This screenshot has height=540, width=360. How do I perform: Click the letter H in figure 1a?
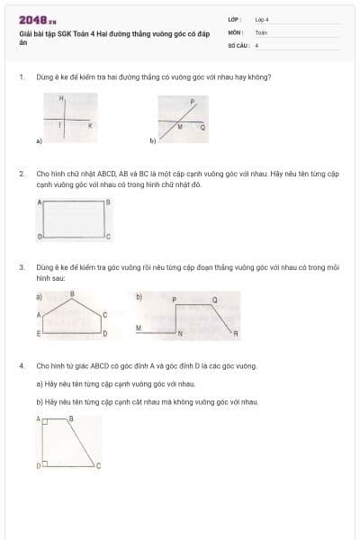[61, 97]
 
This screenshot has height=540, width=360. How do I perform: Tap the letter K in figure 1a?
[89, 127]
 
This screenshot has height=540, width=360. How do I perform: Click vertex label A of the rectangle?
[39, 202]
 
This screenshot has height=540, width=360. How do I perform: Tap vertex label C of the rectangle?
[108, 237]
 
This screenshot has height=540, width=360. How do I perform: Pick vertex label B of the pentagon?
[72, 293]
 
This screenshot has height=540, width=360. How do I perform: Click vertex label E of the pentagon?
[38, 333]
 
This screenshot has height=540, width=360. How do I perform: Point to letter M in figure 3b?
[138, 328]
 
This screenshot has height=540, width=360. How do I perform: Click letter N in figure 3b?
[179, 334]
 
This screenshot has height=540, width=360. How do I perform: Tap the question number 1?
[21, 76]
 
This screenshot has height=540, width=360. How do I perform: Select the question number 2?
[21, 172]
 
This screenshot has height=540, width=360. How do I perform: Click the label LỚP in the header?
[234, 19]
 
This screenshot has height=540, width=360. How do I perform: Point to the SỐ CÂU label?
[237, 44]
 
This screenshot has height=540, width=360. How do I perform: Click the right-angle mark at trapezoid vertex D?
[47, 463]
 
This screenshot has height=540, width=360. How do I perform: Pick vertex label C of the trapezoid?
[99, 465]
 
